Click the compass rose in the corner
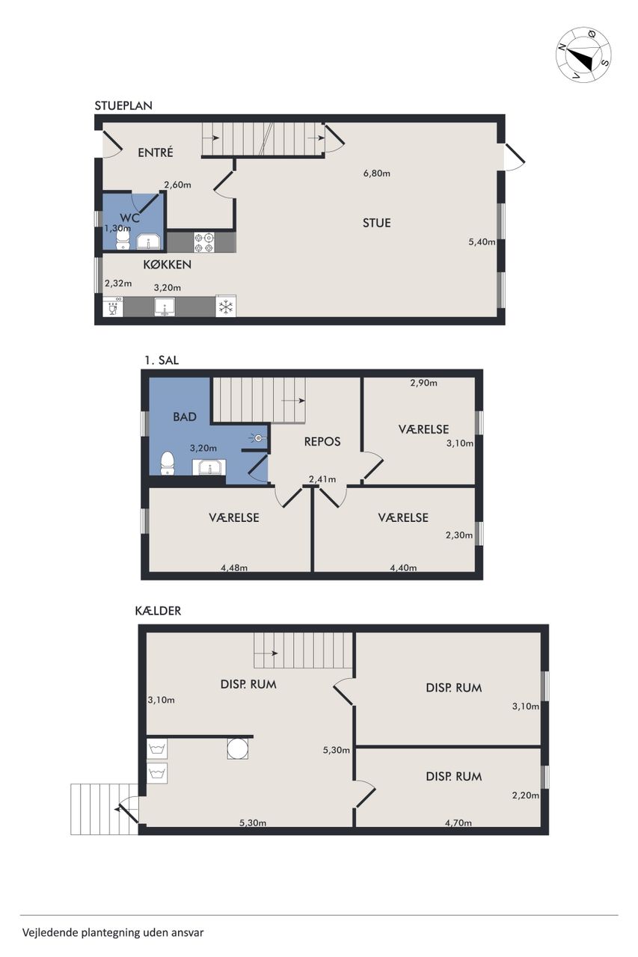[x=583, y=55]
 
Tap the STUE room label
[x=376, y=223]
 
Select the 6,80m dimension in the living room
[x=376, y=173]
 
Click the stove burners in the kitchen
[x=204, y=241]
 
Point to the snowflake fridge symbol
[x=225, y=306]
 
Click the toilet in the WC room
[x=123, y=238]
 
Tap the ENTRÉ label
[x=155, y=153]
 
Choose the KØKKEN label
[x=167, y=265]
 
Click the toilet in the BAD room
[x=168, y=464]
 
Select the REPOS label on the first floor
[x=322, y=442]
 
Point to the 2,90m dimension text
[x=423, y=383]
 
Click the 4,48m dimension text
[x=234, y=567]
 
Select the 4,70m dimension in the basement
[x=458, y=822]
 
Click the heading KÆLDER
[x=158, y=611]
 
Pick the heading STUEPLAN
[x=123, y=105]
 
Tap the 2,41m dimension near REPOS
[x=322, y=479]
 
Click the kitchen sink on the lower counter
[x=165, y=307]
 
